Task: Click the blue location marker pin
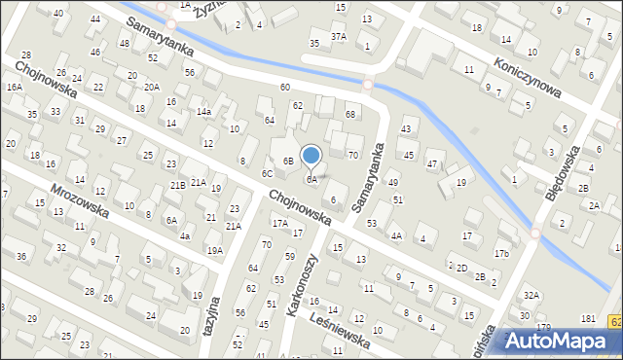(x=311, y=156)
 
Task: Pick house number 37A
(x=338, y=36)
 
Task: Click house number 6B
(x=288, y=161)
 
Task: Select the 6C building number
(x=267, y=173)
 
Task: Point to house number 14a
(x=203, y=112)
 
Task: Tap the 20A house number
(x=151, y=87)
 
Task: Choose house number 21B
(x=177, y=185)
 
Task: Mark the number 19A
(x=214, y=250)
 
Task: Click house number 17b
(x=500, y=254)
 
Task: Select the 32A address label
(x=531, y=295)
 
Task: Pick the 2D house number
(x=461, y=268)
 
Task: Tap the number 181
(x=588, y=319)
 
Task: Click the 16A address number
(x=14, y=87)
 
